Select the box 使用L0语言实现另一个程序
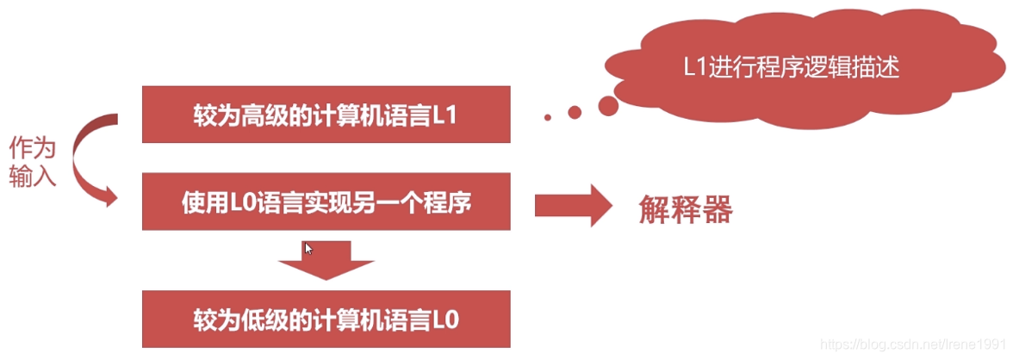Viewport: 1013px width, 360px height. coord(326,203)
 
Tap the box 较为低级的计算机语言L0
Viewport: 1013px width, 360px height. coord(326,319)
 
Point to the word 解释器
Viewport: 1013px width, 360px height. coord(685,209)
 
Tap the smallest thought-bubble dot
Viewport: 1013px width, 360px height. coord(547,116)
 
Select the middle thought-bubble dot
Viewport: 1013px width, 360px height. coord(574,112)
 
